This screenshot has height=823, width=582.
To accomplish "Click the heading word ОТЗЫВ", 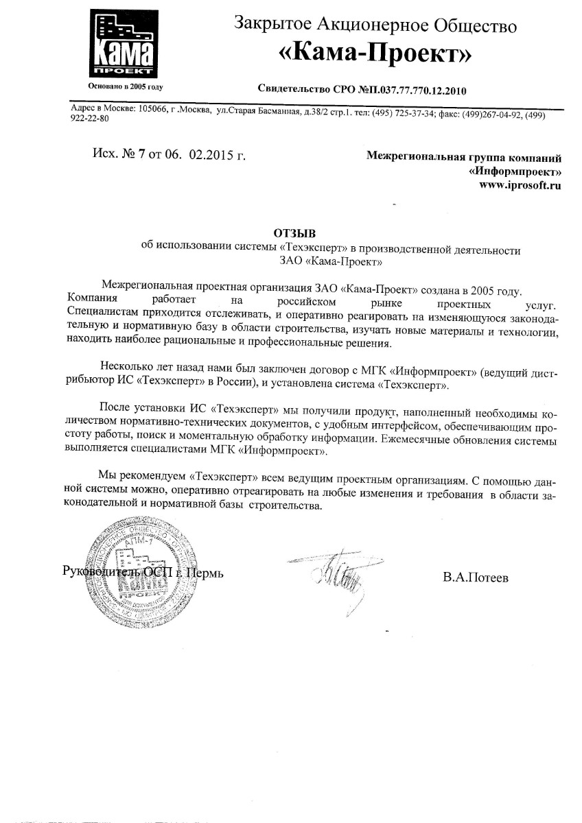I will click(292, 233).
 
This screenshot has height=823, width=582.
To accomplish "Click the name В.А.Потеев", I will click(476, 578).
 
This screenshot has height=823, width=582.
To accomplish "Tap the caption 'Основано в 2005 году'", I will click(126, 87).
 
